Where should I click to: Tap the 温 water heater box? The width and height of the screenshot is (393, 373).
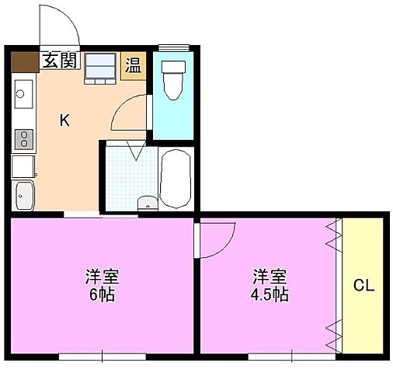click(x=134, y=65)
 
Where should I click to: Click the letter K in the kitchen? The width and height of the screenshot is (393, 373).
click(x=65, y=120)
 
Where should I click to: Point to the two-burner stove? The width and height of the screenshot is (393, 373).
click(x=23, y=138)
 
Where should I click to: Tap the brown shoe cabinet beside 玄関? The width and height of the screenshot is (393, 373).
click(x=24, y=61)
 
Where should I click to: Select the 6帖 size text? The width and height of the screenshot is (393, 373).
click(x=102, y=295)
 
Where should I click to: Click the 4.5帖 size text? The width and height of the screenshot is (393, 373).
click(x=270, y=295)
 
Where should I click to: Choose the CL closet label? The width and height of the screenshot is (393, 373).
click(x=363, y=285)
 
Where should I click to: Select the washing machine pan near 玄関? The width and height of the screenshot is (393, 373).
click(x=99, y=67)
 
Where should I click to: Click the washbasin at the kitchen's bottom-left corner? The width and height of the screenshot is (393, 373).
click(x=23, y=194)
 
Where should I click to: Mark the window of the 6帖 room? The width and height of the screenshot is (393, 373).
click(x=102, y=357)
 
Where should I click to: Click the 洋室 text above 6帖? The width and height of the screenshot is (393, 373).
click(x=102, y=277)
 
